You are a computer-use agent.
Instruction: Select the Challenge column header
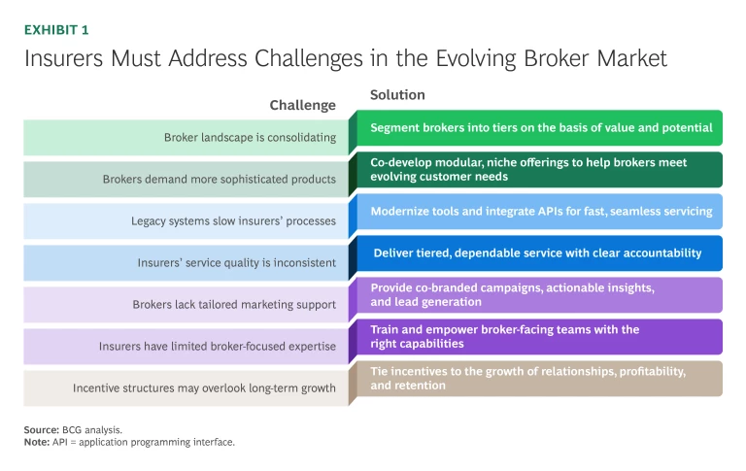coord(302,105)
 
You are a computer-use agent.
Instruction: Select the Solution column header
coord(397,95)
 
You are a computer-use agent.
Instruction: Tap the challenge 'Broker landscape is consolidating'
coord(250,138)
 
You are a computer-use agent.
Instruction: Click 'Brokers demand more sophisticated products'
coord(219,180)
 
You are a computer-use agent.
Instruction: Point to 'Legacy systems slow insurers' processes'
coord(233,221)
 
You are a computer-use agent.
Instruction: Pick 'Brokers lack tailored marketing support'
coord(234,305)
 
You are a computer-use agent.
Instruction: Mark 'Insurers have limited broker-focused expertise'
coord(217,347)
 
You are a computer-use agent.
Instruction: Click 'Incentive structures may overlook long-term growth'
coord(204,388)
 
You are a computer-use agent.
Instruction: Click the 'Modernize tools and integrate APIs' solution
coord(542,211)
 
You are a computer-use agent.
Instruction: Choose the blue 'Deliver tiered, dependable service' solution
coord(537,253)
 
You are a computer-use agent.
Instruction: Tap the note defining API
coord(130,442)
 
